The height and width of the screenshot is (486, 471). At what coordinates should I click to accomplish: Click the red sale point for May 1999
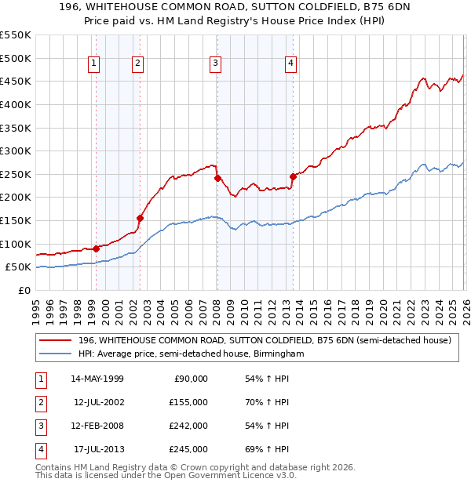96,248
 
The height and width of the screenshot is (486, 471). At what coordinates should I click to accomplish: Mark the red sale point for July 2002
140,218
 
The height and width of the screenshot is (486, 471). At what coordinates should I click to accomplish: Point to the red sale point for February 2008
217,178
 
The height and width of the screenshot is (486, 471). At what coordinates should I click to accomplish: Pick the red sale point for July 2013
293,176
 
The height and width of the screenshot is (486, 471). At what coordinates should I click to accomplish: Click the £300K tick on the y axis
16,151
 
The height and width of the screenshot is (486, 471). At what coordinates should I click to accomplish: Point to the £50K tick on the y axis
19,267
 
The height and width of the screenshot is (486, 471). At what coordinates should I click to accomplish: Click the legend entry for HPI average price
191,354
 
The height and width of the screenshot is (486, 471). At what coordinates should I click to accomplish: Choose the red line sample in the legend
55,341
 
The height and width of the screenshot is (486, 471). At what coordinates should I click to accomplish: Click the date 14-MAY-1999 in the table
97,379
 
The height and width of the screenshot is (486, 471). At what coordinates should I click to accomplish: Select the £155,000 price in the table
188,402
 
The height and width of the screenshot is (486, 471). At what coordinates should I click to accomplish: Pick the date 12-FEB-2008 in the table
97,426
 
